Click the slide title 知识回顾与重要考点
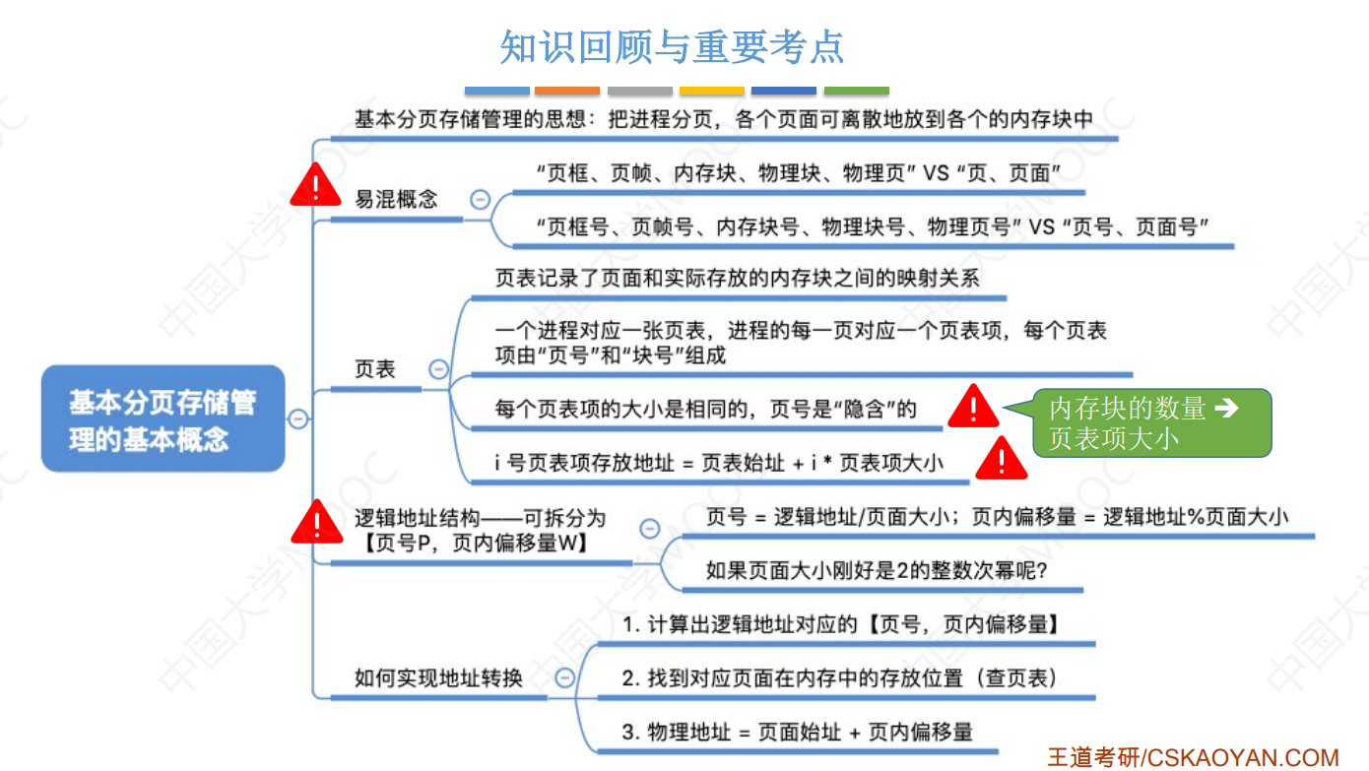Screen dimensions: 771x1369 tap(672, 46)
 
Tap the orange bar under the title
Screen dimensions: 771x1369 tap(567, 91)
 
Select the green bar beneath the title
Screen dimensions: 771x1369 tap(856, 91)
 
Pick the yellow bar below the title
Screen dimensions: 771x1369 tap(711, 91)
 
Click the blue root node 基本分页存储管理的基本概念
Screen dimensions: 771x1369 tap(163, 418)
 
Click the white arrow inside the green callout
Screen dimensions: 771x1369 tap(1226, 408)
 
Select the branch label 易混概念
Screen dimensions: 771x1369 tap(396, 199)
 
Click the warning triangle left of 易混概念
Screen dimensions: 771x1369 tap(315, 185)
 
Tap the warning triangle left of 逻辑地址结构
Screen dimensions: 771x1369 tap(317, 522)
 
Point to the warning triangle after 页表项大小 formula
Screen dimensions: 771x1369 tap(1001, 459)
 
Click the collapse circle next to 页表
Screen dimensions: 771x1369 tap(438, 370)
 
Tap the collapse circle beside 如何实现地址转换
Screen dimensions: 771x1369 tap(564, 677)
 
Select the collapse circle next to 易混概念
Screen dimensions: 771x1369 tap(480, 199)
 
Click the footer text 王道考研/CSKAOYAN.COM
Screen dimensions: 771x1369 tap(1192, 757)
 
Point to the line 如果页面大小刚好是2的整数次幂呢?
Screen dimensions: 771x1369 tap(876, 570)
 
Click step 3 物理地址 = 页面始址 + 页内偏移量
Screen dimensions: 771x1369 tap(798, 732)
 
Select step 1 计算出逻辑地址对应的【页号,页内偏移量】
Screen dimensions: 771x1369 tap(841, 624)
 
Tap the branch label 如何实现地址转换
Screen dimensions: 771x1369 tap(438, 677)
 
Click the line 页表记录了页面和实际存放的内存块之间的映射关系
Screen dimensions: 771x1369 tap(737, 279)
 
